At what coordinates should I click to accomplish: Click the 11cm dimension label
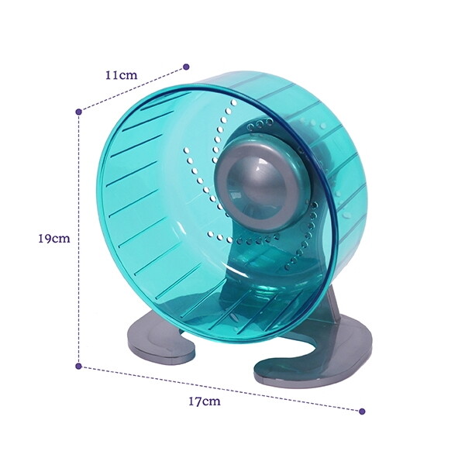(122, 75)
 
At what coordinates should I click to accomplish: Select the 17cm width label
(205, 401)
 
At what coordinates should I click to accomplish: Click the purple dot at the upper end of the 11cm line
(186, 67)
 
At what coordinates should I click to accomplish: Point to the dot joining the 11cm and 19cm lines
(78, 112)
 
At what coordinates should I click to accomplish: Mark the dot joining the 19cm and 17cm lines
(78, 365)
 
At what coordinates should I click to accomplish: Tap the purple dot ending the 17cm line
(361, 411)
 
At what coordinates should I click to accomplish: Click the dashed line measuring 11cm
(132, 89)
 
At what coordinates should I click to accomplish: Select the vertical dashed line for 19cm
(78, 294)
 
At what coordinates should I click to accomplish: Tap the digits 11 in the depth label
(112, 75)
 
